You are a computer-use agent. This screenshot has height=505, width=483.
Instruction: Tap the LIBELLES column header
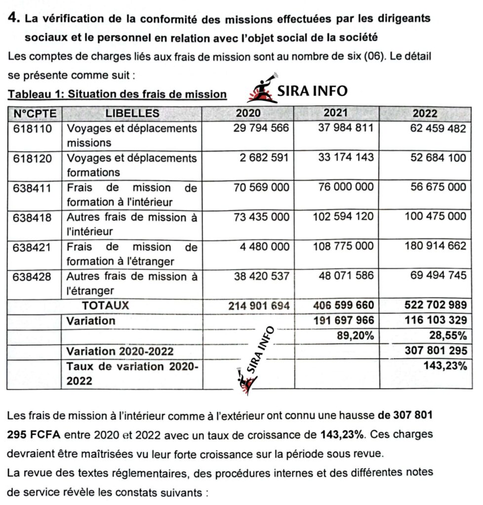click(132, 113)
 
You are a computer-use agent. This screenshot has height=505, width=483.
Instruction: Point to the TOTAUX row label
click(105, 305)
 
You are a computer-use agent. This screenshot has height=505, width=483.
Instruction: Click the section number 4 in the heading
click(14, 19)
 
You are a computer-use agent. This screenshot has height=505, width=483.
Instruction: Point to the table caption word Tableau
click(30, 94)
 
